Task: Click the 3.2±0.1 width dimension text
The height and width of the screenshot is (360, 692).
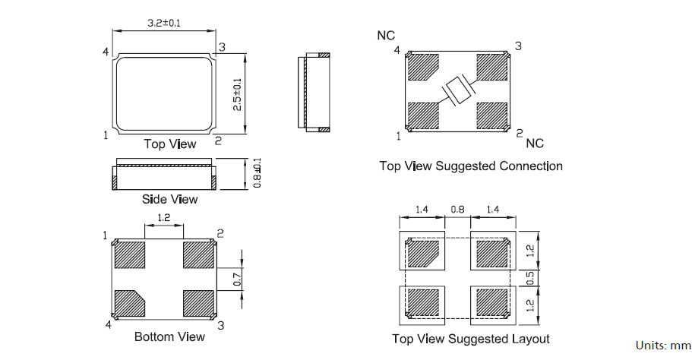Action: point(163,24)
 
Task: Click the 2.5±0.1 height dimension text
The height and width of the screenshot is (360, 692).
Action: point(237,94)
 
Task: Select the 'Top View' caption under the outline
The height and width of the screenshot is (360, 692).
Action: point(169,144)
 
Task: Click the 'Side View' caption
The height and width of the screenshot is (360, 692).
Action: point(169,199)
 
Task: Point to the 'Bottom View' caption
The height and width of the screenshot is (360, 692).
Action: point(169,336)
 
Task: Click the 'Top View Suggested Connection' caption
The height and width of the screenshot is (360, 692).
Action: point(471,166)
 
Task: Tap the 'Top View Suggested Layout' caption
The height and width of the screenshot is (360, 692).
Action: point(471,339)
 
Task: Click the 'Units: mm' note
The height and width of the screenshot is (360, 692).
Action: point(663,346)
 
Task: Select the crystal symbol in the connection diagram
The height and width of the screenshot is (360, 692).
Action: point(457,91)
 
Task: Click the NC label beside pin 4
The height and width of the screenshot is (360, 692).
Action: point(386,36)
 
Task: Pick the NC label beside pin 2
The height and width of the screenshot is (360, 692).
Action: point(535,143)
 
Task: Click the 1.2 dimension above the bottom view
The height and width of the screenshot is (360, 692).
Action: point(163,219)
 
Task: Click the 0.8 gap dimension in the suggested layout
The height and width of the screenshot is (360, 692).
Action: point(457,210)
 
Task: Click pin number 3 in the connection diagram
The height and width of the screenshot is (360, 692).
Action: point(518,46)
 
